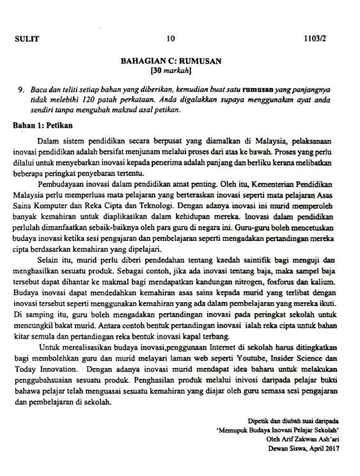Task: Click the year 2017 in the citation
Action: point(330,449)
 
